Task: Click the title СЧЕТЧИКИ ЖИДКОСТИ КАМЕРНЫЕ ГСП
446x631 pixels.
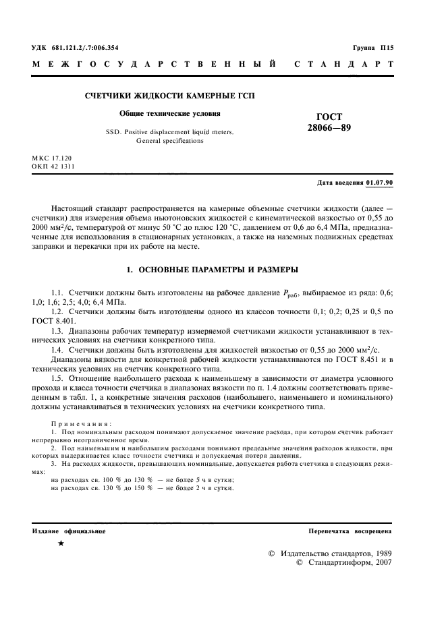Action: pos(169,96)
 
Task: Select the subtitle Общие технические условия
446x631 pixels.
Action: pos(169,114)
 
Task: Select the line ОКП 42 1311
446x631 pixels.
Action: pos(54,167)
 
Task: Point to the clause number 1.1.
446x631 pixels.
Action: pos(57,294)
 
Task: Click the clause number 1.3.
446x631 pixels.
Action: pos(57,332)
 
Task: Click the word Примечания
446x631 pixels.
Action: pos(78,423)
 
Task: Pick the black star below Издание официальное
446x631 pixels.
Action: pos(61,543)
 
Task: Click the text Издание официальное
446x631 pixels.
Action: pos(69,531)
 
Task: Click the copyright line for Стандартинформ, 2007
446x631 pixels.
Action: pos(343,562)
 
